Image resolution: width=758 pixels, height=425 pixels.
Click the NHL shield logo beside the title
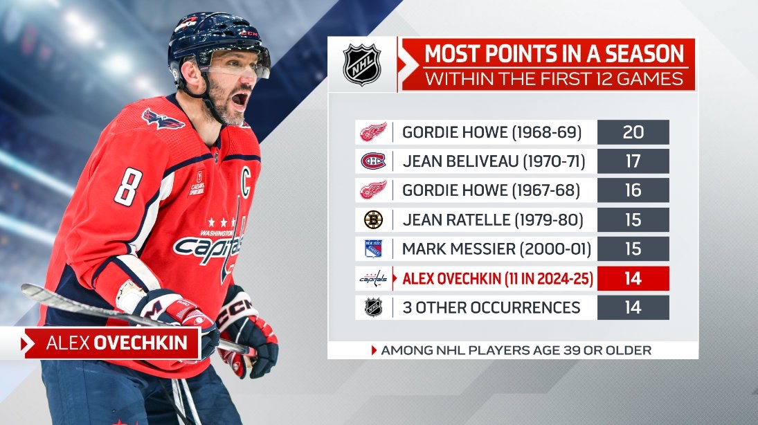(362, 64)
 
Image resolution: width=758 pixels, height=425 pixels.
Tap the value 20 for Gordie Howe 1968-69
(633, 132)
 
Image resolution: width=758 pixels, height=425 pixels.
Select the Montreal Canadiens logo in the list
(373, 161)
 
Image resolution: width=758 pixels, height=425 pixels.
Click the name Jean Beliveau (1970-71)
(494, 161)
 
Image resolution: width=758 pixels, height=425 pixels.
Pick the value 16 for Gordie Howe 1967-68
(633, 190)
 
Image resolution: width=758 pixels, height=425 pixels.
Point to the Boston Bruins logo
(373, 220)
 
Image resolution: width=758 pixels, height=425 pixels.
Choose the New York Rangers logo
(373, 249)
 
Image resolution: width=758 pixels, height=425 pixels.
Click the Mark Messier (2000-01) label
(496, 249)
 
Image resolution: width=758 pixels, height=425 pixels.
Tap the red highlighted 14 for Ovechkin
(633, 278)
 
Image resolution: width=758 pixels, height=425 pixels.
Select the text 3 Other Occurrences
(491, 307)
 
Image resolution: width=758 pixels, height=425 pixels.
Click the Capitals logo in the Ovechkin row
(373, 278)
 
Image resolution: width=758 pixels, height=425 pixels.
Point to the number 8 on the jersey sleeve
(127, 187)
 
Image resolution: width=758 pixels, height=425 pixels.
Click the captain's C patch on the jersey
(245, 182)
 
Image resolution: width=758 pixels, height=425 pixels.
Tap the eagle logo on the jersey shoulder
(162, 119)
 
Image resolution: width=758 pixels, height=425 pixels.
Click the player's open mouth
(240, 100)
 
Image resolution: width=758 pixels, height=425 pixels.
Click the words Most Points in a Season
(554, 54)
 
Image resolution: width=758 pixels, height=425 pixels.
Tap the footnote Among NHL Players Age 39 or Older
(516, 350)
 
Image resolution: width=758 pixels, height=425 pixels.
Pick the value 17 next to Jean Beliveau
(633, 161)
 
